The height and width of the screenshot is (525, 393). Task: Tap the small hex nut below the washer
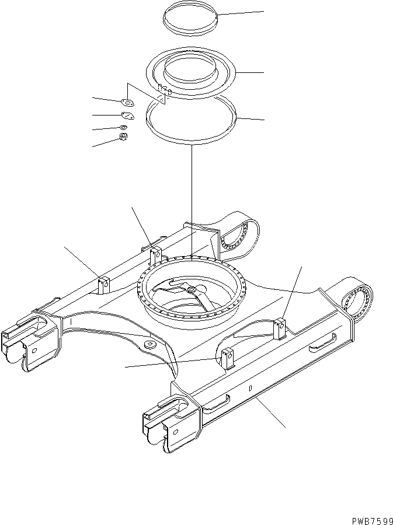(x=123, y=137)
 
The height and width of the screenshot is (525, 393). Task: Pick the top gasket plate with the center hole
(x=129, y=103)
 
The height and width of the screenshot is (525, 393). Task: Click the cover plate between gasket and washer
(x=127, y=116)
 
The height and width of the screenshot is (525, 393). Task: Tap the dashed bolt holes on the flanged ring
(x=164, y=90)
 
